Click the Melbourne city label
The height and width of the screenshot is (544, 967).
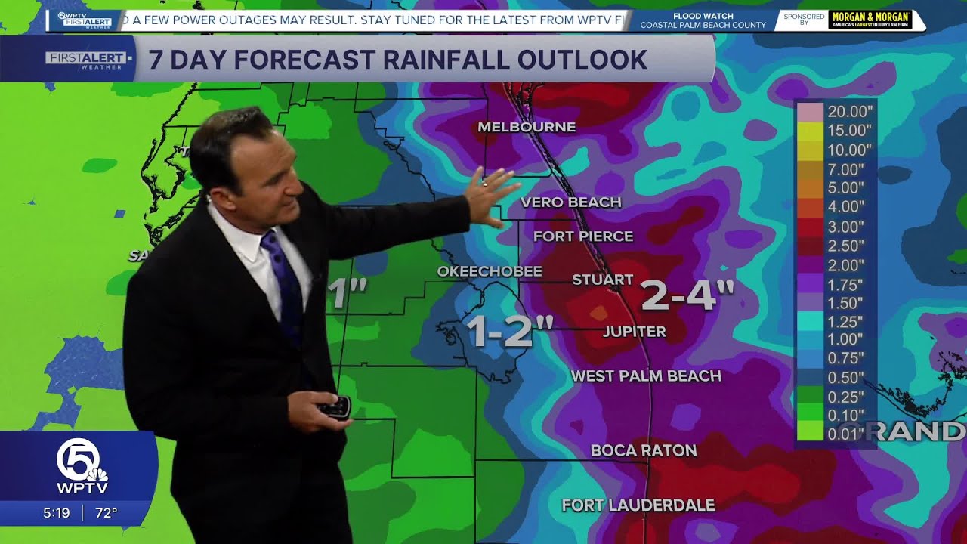click(527, 127)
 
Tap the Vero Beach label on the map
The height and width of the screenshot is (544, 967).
click(570, 202)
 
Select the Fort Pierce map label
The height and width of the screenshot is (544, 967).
click(582, 236)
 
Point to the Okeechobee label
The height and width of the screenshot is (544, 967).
click(490, 271)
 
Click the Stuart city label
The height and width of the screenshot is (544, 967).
click(602, 280)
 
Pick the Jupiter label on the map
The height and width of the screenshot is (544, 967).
click(634, 332)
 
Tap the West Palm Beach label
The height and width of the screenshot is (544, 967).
click(645, 376)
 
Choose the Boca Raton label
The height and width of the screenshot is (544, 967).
click(643, 450)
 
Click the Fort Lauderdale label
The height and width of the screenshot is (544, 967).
click(638, 505)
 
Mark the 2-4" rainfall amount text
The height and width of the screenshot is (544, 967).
click(687, 295)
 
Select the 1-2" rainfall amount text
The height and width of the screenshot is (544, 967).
click(508, 330)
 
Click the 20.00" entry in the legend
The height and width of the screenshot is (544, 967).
click(849, 111)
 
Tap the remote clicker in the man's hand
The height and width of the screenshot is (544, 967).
click(334, 408)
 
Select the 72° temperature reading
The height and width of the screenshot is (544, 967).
click(106, 513)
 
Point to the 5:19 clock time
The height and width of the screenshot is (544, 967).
click(56, 513)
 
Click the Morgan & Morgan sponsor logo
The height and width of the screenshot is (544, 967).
click(870, 20)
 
